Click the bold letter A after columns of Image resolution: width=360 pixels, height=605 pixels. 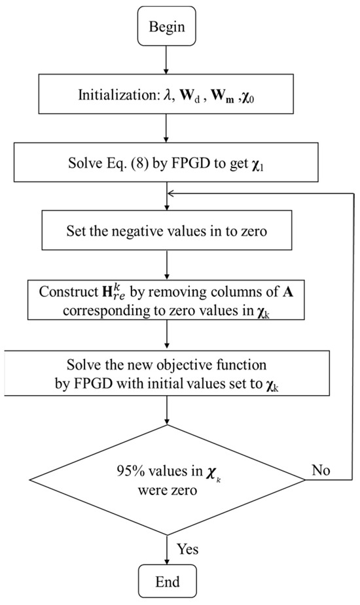[x=260, y=291]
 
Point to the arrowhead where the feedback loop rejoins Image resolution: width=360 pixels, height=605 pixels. [x=171, y=193]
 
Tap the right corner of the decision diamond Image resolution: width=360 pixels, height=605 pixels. [x=306, y=480]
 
